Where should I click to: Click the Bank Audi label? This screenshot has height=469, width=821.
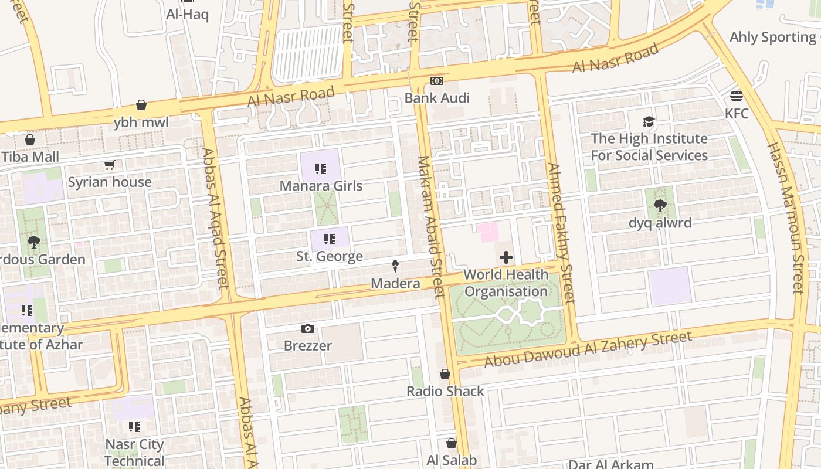click(x=437, y=98)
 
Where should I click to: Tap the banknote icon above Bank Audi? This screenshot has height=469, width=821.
click(x=437, y=81)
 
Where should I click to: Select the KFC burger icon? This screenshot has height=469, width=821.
click(x=737, y=96)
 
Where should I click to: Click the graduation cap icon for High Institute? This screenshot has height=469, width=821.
click(x=649, y=121)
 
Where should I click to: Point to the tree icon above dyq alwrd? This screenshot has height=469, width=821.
click(x=660, y=206)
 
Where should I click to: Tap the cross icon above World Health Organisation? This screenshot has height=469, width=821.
click(x=506, y=257)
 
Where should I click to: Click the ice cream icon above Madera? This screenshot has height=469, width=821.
click(x=395, y=266)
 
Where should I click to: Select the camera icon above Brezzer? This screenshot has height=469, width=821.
click(x=308, y=329)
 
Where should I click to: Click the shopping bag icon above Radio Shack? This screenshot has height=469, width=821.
click(x=445, y=374)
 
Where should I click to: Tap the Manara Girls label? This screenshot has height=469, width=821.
click(x=321, y=186)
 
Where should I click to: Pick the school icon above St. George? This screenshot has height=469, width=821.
click(x=329, y=239)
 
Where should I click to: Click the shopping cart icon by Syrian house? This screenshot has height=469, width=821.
click(x=109, y=165)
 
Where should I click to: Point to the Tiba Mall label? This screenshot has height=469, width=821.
click(x=30, y=157)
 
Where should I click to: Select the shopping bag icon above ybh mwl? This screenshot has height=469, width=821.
click(x=141, y=106)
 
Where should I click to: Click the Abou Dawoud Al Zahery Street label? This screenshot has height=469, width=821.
click(x=588, y=349)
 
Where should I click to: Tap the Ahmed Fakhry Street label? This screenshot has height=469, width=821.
click(x=561, y=233)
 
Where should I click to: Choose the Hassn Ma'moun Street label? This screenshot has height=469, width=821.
click(x=785, y=218)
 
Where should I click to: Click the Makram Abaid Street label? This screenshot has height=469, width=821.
click(x=432, y=226)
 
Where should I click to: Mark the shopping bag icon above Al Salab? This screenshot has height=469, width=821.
click(x=452, y=443)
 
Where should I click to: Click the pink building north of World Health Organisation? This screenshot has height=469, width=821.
click(x=488, y=232)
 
